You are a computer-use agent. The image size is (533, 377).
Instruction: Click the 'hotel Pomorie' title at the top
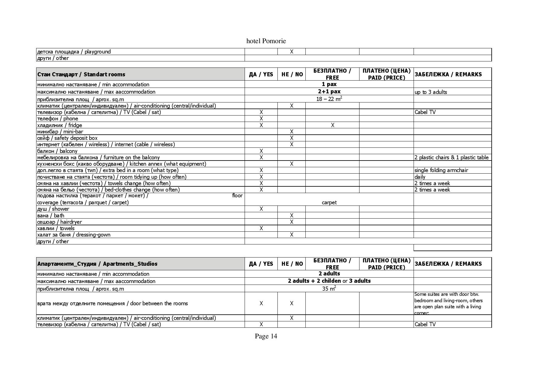266,41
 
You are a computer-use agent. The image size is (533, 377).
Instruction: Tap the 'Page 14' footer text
266,336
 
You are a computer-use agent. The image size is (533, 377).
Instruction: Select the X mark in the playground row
291,52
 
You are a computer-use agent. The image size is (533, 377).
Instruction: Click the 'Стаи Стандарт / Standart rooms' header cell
81,74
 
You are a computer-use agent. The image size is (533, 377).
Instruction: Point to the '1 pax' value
329,84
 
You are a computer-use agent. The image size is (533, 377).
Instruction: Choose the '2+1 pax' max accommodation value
329,92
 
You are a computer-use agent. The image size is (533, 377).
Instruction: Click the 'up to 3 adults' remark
431,92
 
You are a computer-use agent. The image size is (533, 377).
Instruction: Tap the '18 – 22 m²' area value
329,99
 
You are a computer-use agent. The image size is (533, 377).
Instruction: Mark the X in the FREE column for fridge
332,125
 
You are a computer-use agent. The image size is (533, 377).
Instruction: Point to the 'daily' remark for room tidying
420,177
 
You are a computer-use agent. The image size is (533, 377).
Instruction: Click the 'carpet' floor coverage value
329,202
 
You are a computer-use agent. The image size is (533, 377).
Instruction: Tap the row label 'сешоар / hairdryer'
59,222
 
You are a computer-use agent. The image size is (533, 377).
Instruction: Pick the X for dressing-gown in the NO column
291,235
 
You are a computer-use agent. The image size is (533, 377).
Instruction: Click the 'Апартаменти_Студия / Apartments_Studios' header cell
97,264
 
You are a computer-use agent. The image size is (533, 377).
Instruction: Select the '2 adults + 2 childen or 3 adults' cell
329,281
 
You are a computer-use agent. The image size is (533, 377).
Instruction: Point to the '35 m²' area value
329,289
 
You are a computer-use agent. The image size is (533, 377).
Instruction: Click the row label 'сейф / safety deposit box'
67,138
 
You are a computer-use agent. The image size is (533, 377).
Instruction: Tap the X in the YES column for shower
261,209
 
